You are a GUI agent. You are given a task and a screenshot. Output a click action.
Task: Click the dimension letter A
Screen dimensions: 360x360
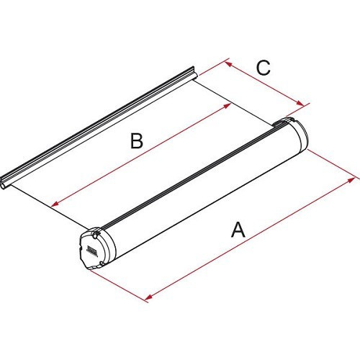coord(238,230)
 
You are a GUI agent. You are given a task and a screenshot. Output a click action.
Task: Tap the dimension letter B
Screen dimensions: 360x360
coord(137,141)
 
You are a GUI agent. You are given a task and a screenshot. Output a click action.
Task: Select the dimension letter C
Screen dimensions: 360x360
coord(263,68)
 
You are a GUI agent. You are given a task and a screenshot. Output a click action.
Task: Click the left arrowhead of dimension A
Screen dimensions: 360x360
coord(148,297)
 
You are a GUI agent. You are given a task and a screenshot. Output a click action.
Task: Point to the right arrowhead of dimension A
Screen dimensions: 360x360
coord(353,174)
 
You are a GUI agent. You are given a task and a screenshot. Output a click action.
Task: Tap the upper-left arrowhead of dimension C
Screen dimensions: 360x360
coord(227,63)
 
